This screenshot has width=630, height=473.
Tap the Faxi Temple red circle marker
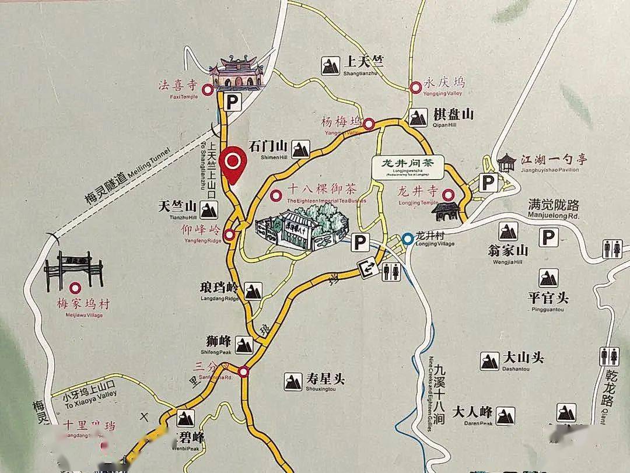point(208,90)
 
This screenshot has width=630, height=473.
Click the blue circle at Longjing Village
point(407,239)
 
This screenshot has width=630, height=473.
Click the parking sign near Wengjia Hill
point(547,237)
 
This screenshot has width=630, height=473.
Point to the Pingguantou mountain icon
point(548,278)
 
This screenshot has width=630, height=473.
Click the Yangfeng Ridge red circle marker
point(230,235)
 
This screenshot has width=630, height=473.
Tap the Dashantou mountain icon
point(489,361)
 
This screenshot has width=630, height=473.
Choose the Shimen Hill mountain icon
point(300,149)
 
